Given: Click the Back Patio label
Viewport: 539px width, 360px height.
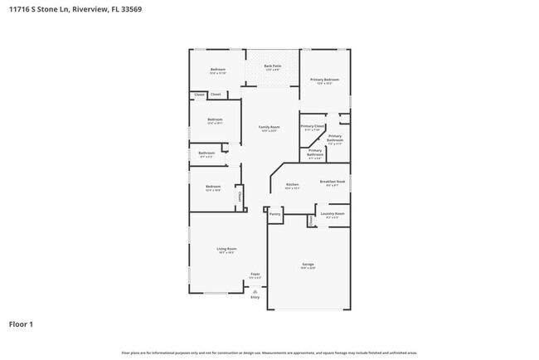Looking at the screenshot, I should point(272,66).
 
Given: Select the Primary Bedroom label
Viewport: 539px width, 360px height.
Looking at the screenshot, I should point(324,80).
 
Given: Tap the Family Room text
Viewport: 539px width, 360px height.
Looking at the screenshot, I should point(269,127).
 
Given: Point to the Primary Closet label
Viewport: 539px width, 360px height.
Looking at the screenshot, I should point(312,126).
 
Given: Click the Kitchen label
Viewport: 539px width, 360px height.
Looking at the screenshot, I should point(292,185).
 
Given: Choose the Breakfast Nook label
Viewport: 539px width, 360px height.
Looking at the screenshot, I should point(333,182).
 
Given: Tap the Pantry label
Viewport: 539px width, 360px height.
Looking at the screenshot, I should point(274,214).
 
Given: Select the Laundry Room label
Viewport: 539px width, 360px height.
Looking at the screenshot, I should point(332,213).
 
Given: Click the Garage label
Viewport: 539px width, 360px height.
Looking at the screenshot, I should point(307,265).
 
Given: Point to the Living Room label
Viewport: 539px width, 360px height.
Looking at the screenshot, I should point(226,249).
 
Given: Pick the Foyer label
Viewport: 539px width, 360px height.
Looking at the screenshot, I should point(255,274).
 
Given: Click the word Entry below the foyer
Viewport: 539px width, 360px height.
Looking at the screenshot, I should point(255,297).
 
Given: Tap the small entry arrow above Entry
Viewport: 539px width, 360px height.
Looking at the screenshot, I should point(255,291).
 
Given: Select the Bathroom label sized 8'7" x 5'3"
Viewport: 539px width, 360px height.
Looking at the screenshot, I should point(206,153).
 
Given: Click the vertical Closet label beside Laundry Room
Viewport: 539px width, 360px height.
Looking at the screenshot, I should point(312,221).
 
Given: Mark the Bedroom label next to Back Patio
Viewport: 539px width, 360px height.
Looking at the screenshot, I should point(217,69).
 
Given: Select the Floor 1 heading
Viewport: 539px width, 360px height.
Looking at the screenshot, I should point(21,324).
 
